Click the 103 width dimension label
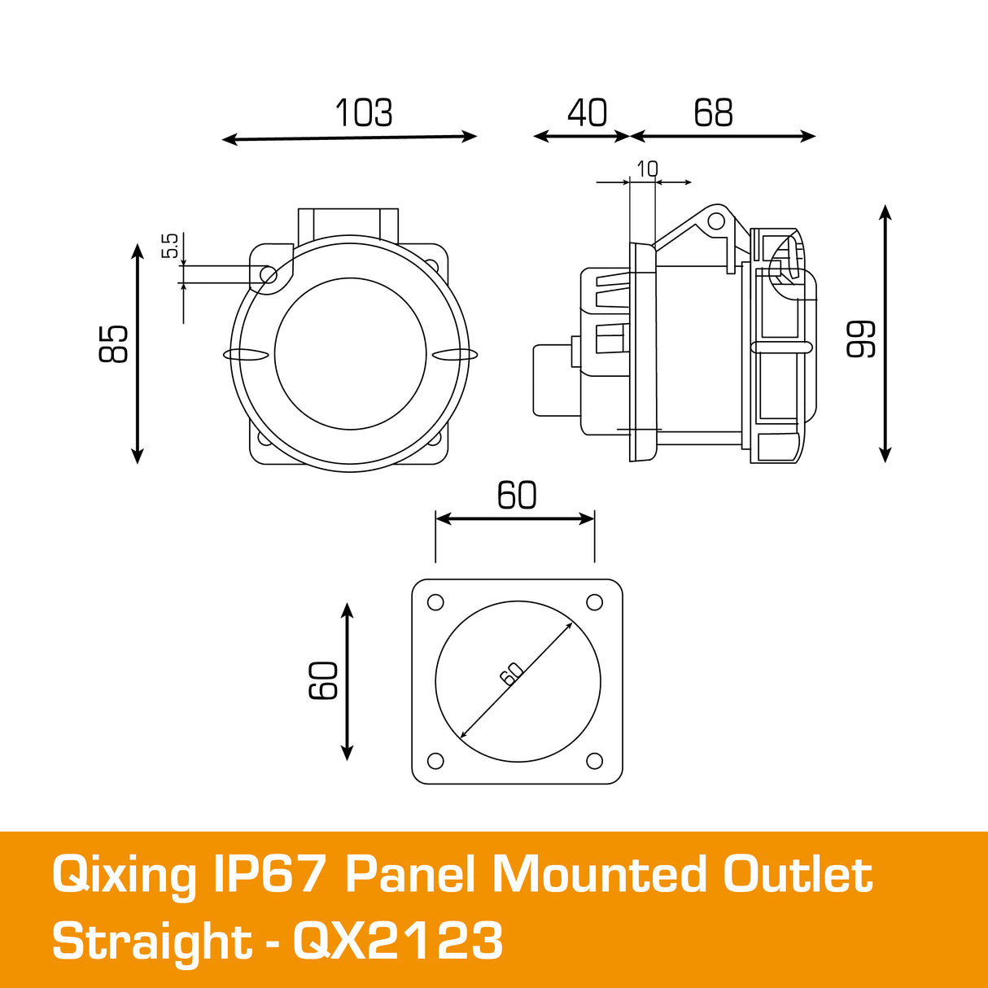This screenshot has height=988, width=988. pyautogui.click(x=364, y=113)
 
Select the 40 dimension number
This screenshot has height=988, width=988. pyautogui.click(x=587, y=113)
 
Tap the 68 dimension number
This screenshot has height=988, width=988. pyautogui.click(x=713, y=113)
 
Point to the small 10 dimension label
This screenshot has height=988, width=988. pyautogui.click(x=647, y=169)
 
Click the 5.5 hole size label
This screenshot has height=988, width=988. pyautogui.click(x=170, y=246)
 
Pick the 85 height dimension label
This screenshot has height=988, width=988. pyautogui.click(x=114, y=343)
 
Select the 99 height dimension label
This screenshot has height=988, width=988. pyautogui.click(x=861, y=339)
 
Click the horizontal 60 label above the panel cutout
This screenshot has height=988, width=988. pyautogui.click(x=517, y=496)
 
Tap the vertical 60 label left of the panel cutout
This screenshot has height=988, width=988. pyautogui.click(x=324, y=680)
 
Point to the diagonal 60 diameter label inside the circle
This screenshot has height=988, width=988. pyautogui.click(x=511, y=674)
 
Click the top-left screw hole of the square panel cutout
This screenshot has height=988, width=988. pyautogui.click(x=435, y=602)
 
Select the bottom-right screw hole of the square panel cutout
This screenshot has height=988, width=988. pyautogui.click(x=595, y=761)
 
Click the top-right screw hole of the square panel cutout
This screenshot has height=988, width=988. pyautogui.click(x=595, y=602)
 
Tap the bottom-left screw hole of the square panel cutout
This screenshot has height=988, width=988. pyautogui.click(x=435, y=761)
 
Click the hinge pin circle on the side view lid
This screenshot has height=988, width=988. pyautogui.click(x=715, y=221)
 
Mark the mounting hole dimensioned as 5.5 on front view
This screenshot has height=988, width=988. pyautogui.click(x=268, y=276)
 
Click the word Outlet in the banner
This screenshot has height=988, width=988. pyautogui.click(x=798, y=876)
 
